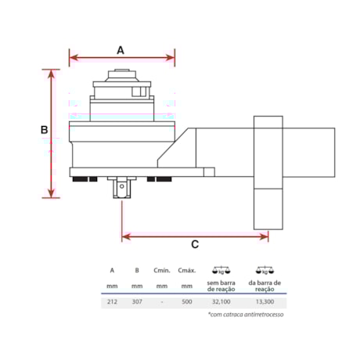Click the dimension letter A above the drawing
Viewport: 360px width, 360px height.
(x=121, y=49)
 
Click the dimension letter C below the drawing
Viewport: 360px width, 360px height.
(x=194, y=243)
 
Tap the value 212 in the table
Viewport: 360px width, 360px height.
(x=112, y=301)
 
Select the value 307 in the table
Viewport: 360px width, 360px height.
(x=136, y=301)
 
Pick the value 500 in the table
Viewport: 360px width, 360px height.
(x=186, y=301)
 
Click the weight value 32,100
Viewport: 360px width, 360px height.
(x=222, y=301)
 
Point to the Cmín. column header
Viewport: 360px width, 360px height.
(x=162, y=271)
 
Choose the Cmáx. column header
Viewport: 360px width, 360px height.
(x=186, y=271)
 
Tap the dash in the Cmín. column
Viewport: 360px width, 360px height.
(x=161, y=301)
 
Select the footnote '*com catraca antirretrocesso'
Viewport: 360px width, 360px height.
(x=246, y=315)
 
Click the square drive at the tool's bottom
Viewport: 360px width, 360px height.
(x=122, y=188)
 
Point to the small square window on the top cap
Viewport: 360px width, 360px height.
(x=139, y=91)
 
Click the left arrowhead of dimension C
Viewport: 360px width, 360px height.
(x=124, y=235)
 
